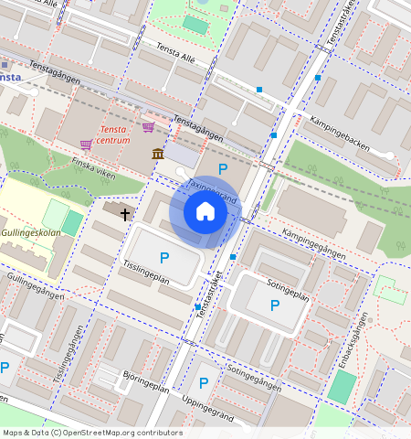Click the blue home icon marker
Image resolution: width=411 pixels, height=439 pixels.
point(205,212)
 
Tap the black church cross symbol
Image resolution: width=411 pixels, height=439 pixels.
point(124,213)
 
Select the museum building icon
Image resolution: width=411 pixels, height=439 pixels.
point(158,153)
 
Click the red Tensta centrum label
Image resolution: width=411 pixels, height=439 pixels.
point(114,135)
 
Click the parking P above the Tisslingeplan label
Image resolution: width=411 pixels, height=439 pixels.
point(164,258)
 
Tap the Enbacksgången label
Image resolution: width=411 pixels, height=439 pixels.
point(354,341)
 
